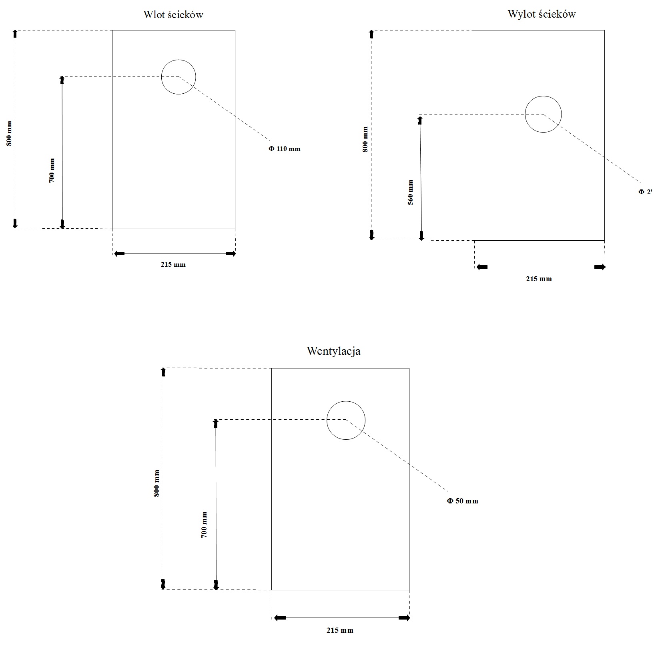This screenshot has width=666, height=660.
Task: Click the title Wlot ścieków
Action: [x=173, y=15]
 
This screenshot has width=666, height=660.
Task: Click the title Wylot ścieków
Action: [x=542, y=14]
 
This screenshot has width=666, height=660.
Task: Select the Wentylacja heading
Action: [x=334, y=351]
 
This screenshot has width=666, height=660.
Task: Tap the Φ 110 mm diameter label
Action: [x=284, y=149]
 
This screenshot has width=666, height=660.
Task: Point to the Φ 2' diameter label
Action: [x=645, y=192]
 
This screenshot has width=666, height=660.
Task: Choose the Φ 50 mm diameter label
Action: [x=462, y=501]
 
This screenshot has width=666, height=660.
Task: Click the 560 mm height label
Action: [x=410, y=193]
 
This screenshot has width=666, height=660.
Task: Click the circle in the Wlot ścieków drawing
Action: [x=196, y=77]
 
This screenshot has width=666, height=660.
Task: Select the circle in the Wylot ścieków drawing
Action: [x=562, y=114]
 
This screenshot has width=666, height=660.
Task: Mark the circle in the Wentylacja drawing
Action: [x=365, y=421]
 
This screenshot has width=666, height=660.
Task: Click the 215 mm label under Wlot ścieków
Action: [x=173, y=265]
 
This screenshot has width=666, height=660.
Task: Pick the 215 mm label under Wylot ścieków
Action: [x=539, y=279]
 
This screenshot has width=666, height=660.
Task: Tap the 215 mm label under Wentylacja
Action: [x=340, y=630]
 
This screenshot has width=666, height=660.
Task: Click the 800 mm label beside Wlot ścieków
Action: [x=9, y=134]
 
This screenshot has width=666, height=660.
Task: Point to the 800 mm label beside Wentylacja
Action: [x=156, y=483]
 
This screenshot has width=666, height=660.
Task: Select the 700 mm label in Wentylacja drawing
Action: [x=204, y=525]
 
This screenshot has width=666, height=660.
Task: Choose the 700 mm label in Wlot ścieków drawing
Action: [x=52, y=171]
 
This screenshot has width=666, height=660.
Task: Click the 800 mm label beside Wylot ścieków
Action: [x=365, y=139]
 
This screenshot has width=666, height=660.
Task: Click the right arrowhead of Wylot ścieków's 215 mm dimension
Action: [x=600, y=267]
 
